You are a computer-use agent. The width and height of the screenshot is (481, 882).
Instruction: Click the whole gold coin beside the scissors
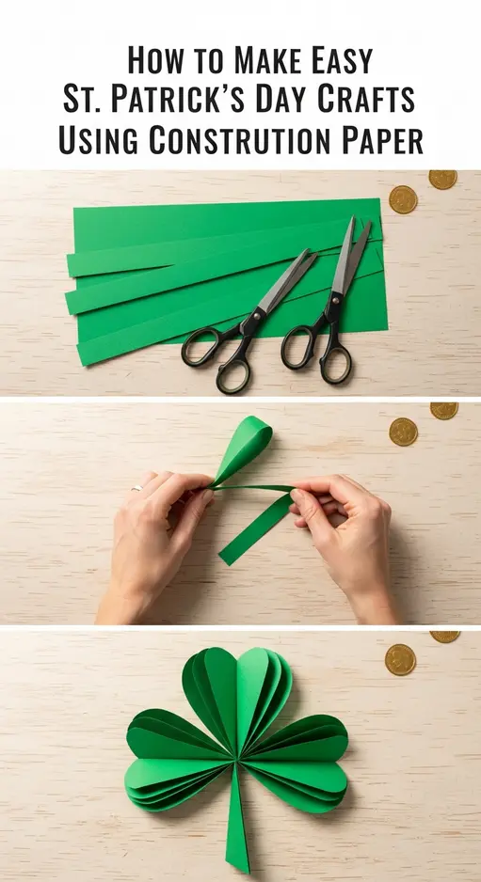point(403,198)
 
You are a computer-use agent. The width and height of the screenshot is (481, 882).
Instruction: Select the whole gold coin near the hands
point(403,431)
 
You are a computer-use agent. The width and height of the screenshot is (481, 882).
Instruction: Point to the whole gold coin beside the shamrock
point(400,659)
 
